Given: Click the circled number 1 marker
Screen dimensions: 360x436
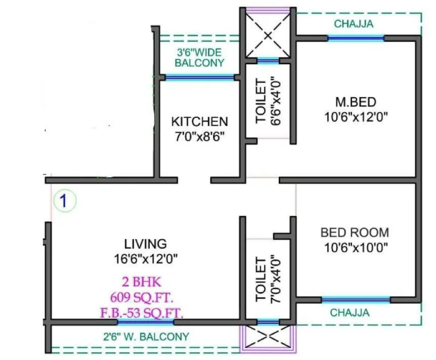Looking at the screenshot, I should click(x=63, y=200).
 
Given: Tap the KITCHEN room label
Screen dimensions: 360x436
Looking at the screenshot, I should click(x=199, y=122).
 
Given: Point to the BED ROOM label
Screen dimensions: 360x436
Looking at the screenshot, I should click(x=355, y=233).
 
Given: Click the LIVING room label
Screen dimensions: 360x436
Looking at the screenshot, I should click(x=146, y=244).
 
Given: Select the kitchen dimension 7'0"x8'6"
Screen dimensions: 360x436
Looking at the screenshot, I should click(x=199, y=137).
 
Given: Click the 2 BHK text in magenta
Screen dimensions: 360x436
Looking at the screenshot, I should click(x=146, y=282).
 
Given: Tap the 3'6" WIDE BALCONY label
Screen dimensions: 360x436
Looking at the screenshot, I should click(x=200, y=57).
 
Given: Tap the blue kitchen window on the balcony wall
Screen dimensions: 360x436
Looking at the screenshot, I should click(x=200, y=77).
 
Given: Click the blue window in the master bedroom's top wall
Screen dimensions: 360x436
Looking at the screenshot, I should click(x=356, y=38).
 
